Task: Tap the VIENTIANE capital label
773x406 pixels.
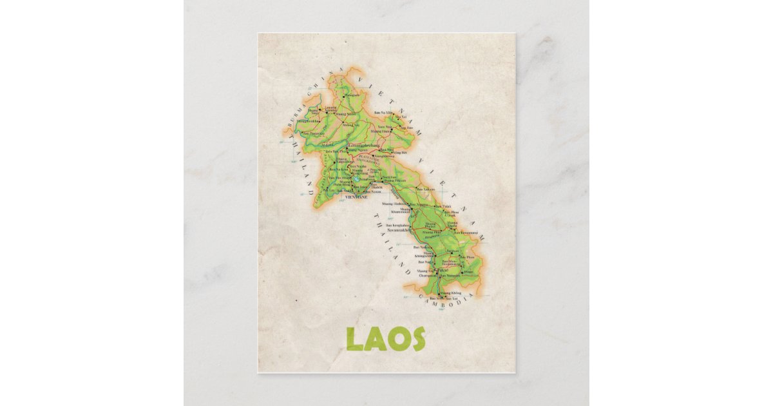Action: coord(356,197)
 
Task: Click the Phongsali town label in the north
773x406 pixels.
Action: coord(352,95)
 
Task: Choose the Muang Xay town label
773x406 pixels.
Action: coord(351,124)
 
